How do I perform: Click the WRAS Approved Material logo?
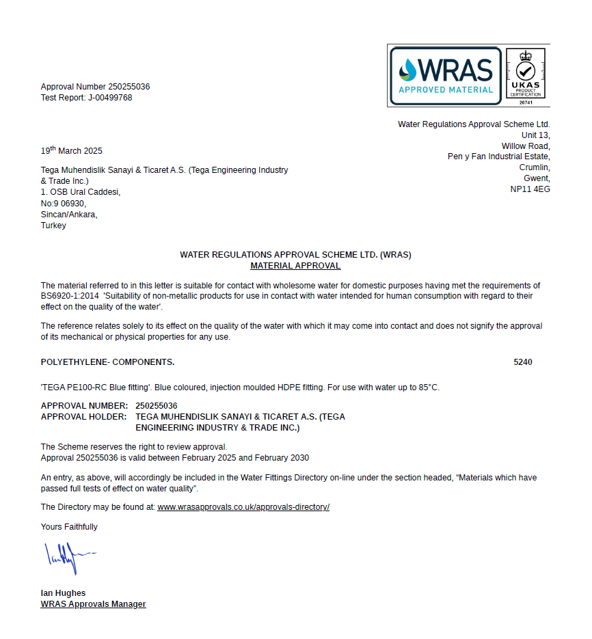[x=446, y=75]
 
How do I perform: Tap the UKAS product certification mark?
[x=525, y=75]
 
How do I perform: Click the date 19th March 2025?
[x=72, y=150]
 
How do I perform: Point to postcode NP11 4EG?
[x=530, y=189]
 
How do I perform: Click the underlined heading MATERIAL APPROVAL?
[x=295, y=266]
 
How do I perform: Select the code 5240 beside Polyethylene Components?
[x=523, y=362]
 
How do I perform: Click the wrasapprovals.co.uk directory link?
[x=243, y=507]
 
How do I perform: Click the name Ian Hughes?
[x=63, y=593]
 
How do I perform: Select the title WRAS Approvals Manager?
[x=94, y=604]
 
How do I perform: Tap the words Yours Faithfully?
[x=69, y=527]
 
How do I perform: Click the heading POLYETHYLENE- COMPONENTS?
[x=107, y=362]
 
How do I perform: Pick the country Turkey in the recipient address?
[x=53, y=226]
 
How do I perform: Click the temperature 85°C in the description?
[x=428, y=388]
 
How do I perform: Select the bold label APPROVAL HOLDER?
[x=83, y=416]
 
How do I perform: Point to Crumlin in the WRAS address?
[x=535, y=167]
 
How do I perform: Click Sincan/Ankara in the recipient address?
[x=69, y=215]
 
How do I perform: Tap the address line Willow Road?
[x=526, y=146]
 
